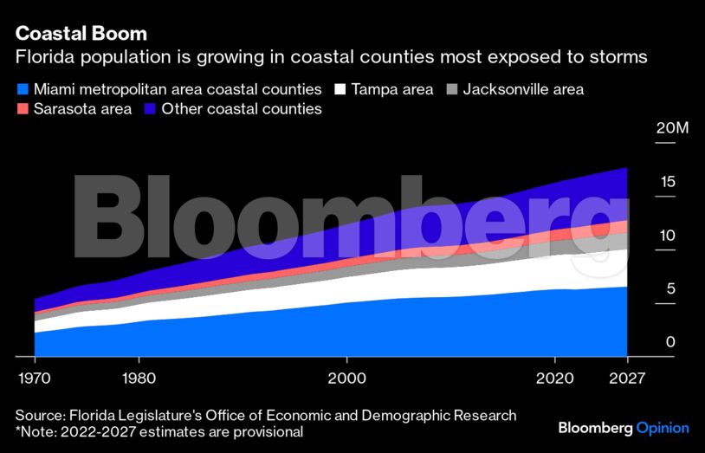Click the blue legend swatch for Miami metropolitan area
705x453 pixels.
(x=23, y=89)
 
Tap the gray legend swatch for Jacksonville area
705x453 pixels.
(x=451, y=89)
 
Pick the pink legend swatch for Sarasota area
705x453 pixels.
(x=23, y=109)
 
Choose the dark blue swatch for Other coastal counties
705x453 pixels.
(x=151, y=109)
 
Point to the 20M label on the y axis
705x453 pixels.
(x=672, y=129)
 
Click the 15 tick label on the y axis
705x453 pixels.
(x=665, y=182)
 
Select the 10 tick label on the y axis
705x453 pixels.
(x=665, y=236)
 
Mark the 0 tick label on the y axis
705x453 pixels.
(x=669, y=342)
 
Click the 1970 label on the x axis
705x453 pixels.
(x=35, y=378)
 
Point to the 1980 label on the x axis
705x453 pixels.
(x=139, y=378)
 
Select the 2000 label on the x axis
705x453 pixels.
(x=346, y=378)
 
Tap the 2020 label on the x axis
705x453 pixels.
(x=554, y=378)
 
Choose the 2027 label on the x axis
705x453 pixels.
(x=626, y=378)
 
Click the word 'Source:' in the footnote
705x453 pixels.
(x=42, y=415)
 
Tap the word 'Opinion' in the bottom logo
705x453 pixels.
(x=663, y=428)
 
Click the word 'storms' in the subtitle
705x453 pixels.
(x=617, y=58)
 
